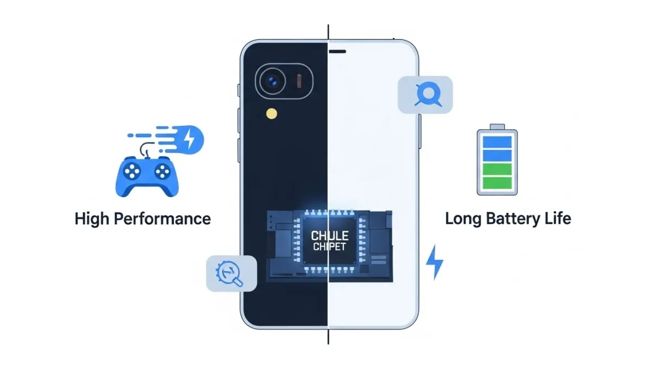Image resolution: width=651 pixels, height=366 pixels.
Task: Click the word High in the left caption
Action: [x=91, y=219]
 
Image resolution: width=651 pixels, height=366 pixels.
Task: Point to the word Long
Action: [x=464, y=219]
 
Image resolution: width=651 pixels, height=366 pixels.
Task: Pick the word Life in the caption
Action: [x=557, y=219]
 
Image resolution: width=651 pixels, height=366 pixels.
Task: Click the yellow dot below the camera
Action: [x=271, y=113]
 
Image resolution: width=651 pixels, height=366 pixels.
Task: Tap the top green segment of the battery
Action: [x=497, y=169]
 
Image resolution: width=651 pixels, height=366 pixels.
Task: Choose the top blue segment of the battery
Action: [x=497, y=142]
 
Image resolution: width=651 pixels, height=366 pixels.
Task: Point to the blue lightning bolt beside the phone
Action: [x=435, y=262]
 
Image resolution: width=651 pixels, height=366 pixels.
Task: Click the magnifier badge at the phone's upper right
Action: [x=425, y=95]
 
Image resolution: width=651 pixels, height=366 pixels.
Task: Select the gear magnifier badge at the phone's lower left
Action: [x=232, y=273]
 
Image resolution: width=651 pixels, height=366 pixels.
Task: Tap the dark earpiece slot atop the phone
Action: [x=338, y=52]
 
